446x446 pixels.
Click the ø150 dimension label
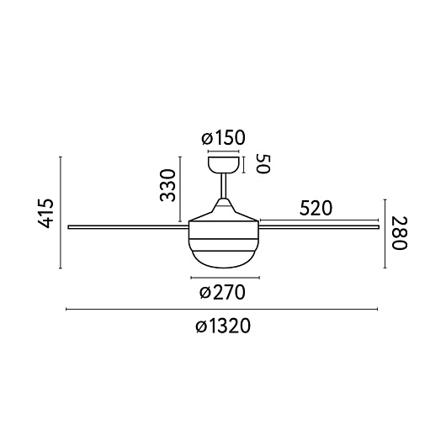[223, 138]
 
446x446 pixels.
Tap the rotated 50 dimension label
[263, 164]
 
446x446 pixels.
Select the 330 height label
[167, 185]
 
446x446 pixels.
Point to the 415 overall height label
[45, 213]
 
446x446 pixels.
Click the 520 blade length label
[316, 208]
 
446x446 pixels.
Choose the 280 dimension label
[400, 233]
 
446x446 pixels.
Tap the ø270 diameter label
[222, 292]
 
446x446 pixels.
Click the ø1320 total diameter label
[223, 326]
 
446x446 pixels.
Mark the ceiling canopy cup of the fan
[224, 165]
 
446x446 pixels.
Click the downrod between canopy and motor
[224, 186]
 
